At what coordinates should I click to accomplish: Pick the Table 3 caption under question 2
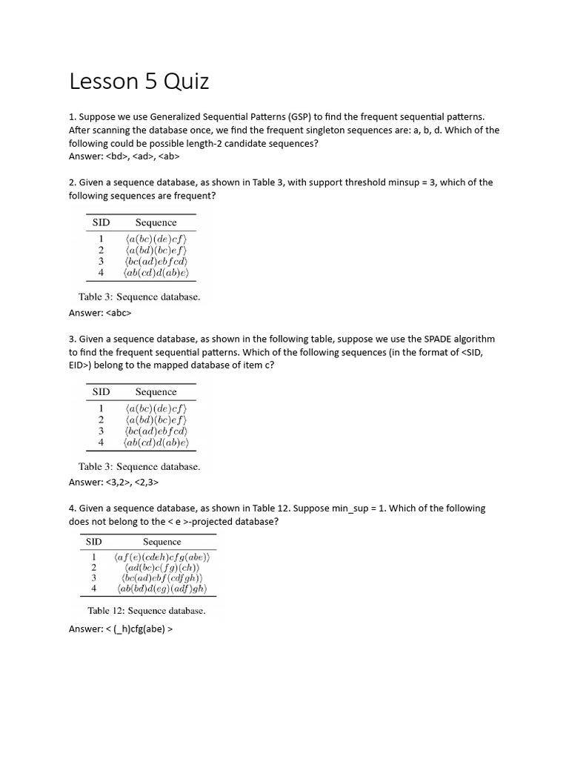pos(139,297)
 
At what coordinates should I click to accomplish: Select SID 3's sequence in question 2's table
pos(156,262)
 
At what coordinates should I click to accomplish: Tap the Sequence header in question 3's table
pos(156,391)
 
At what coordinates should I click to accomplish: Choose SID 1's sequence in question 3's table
pos(156,408)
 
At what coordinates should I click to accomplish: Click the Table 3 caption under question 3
pos(139,467)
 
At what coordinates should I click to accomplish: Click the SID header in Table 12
pos(93,542)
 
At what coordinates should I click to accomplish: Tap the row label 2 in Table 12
pos(94,567)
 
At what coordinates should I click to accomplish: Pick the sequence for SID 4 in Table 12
pos(162,589)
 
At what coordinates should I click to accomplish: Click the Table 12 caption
pos(146,611)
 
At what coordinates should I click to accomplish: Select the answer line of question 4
pos(121,629)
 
